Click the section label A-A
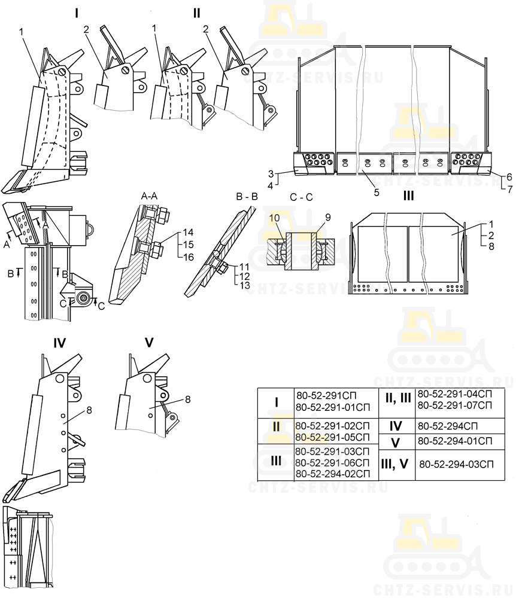click(x=149, y=196)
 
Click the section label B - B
click(x=247, y=196)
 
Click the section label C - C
click(x=301, y=197)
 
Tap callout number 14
click(x=188, y=232)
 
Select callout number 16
click(x=188, y=257)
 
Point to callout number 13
click(x=245, y=285)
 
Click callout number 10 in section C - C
click(x=274, y=218)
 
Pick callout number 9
click(x=327, y=218)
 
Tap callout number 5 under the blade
click(x=377, y=193)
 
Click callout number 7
click(x=509, y=189)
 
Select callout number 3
click(x=271, y=174)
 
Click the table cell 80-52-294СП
click(x=447, y=426)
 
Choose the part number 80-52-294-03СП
click(x=457, y=464)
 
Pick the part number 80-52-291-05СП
click(x=333, y=437)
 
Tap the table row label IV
click(x=396, y=426)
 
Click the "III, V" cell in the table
click(x=394, y=464)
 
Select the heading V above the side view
click(x=149, y=343)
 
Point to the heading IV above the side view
click(x=59, y=343)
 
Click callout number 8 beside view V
click(x=187, y=399)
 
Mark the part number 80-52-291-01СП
click(x=333, y=407)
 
